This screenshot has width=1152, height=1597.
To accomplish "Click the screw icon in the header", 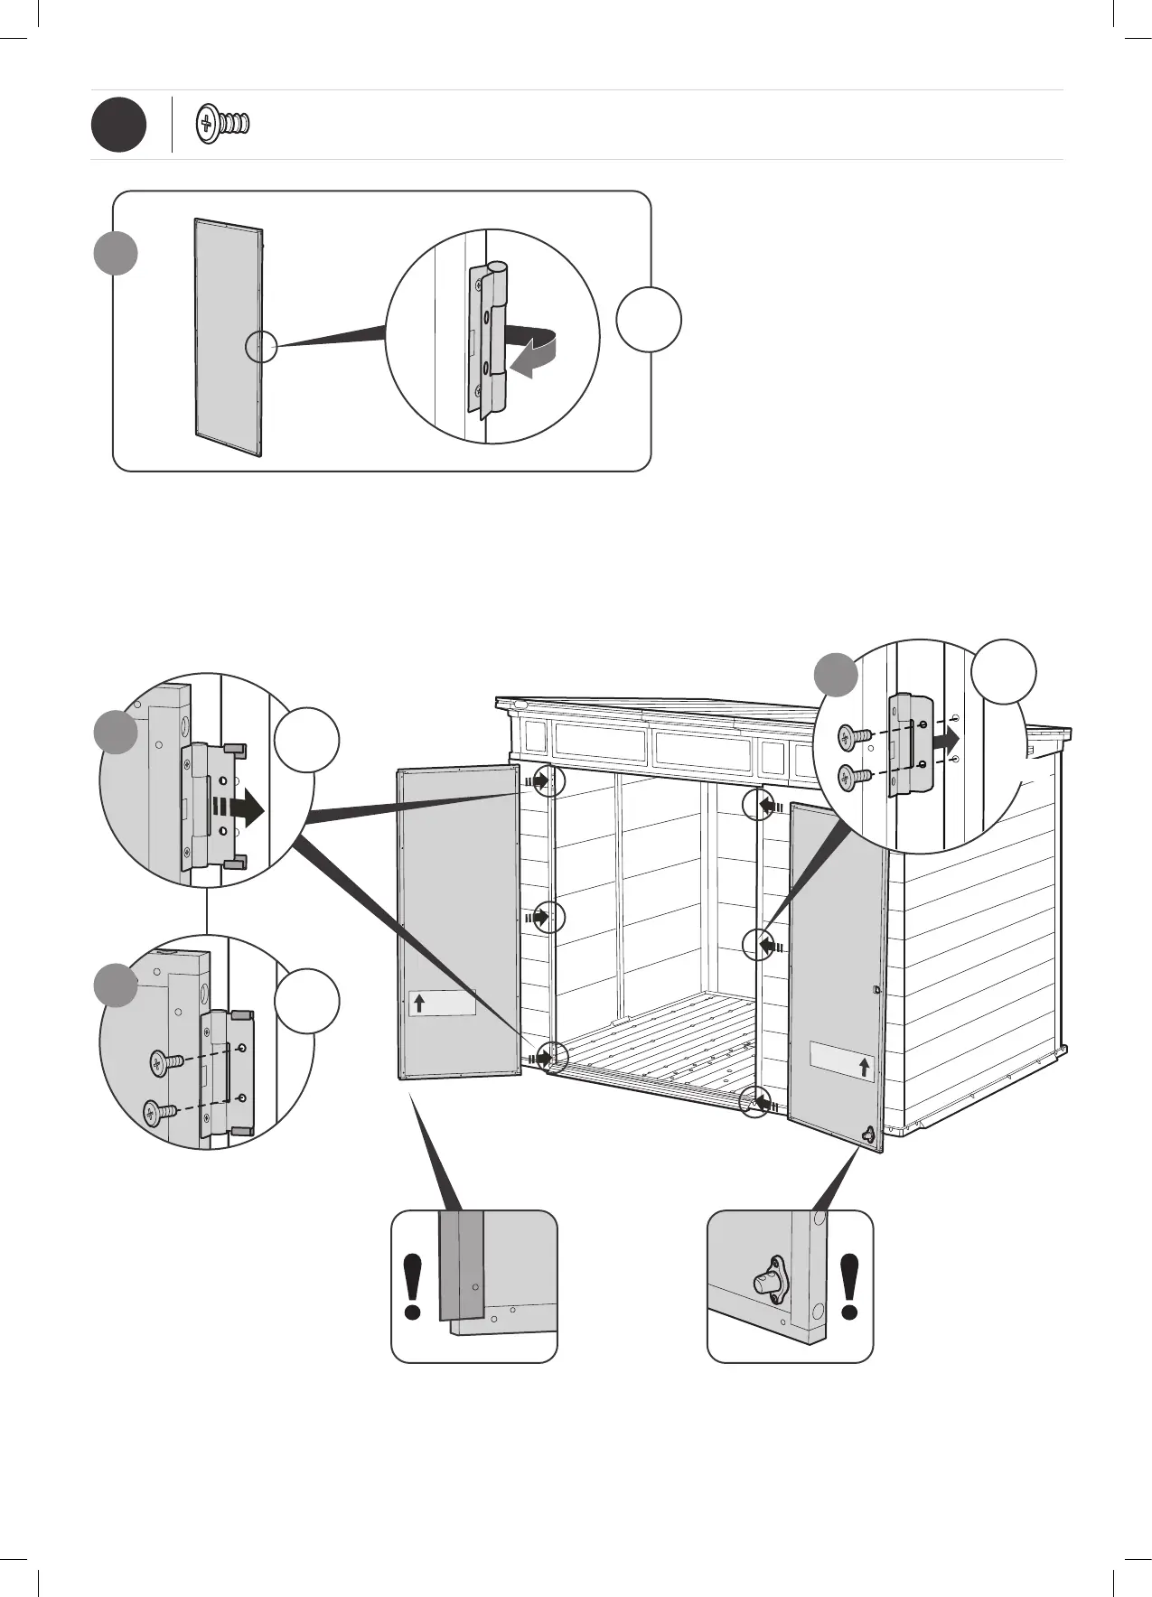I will click(222, 125).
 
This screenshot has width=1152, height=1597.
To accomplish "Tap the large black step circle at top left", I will click(117, 126).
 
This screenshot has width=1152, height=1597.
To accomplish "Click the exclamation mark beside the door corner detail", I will click(413, 1286).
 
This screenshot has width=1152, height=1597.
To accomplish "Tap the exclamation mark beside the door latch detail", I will click(849, 1286).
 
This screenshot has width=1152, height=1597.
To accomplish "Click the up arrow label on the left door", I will click(442, 1003).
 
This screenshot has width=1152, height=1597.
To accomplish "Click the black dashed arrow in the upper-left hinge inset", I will click(238, 809).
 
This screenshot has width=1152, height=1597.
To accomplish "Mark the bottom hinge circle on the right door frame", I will click(756, 1102).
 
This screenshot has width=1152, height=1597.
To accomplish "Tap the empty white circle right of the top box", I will click(649, 319).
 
